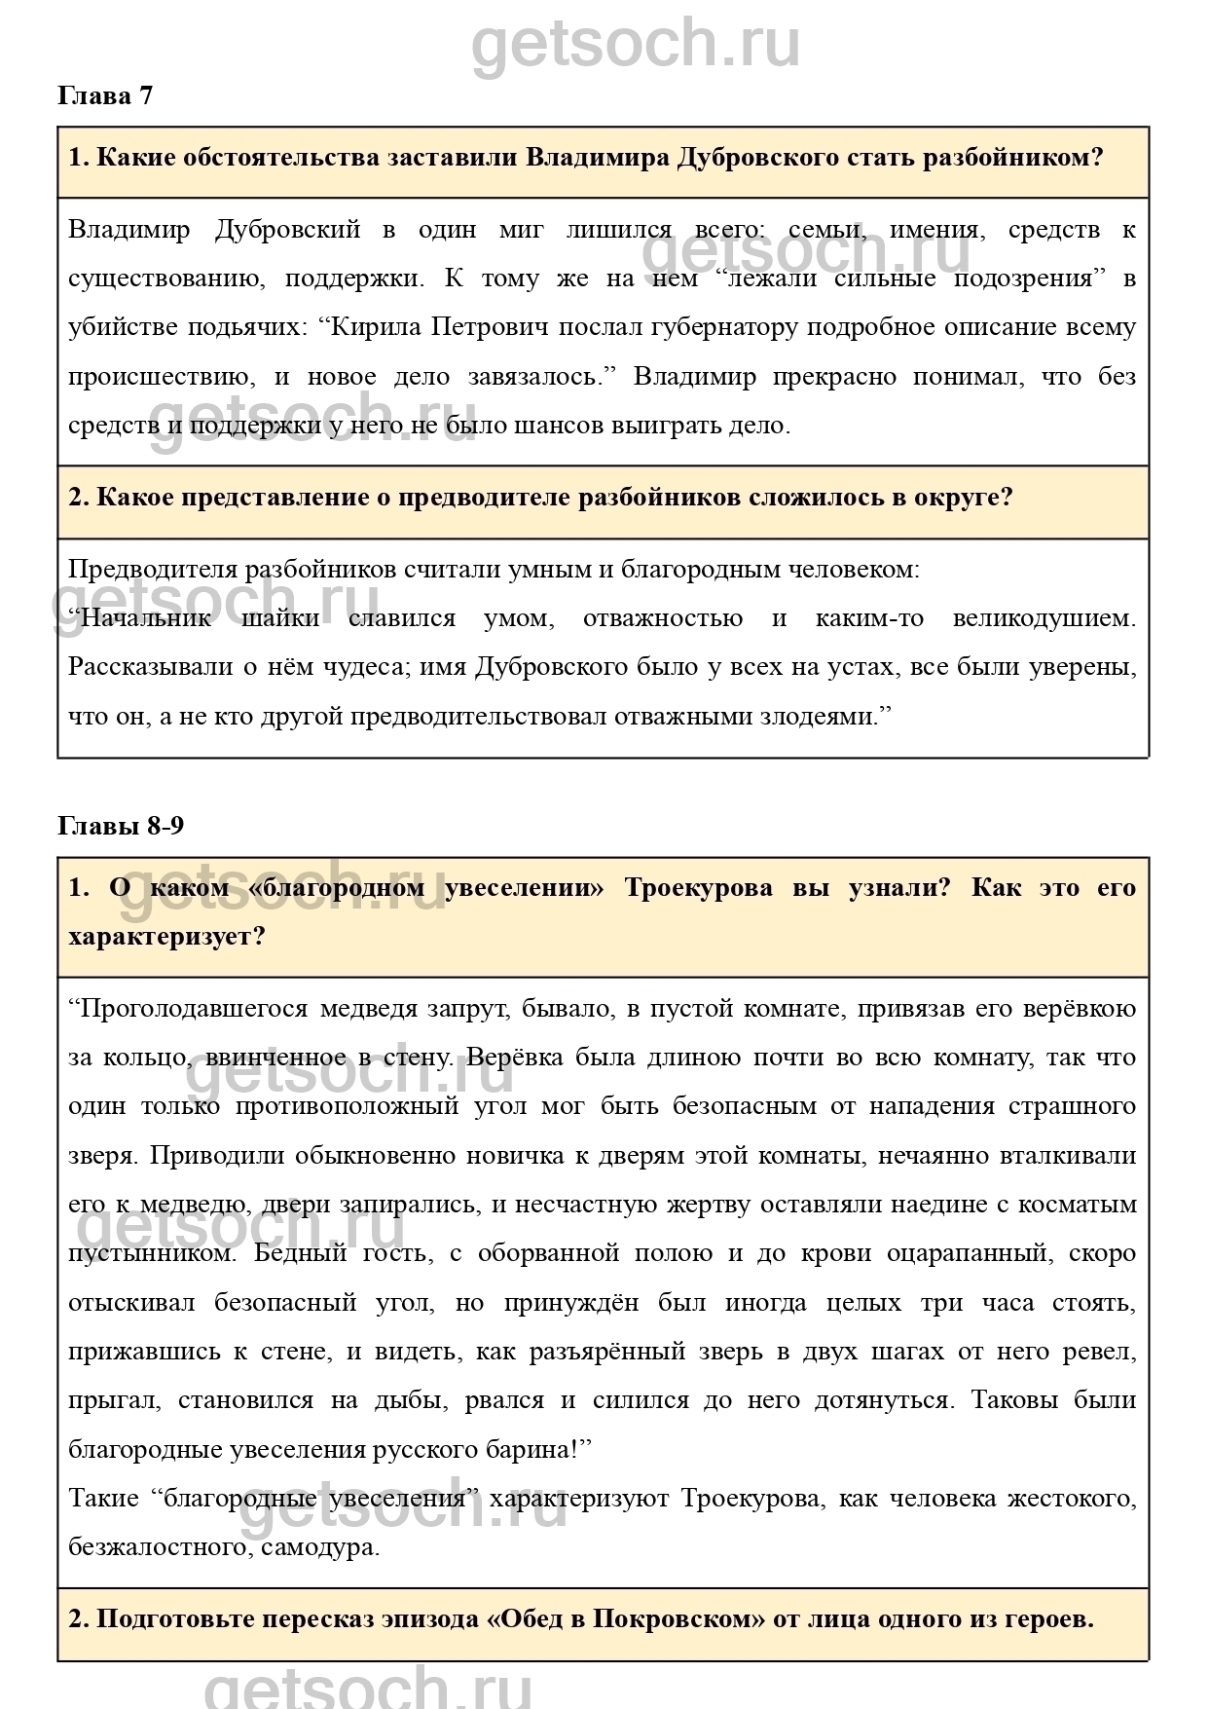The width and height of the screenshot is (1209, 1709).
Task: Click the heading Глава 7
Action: tap(105, 95)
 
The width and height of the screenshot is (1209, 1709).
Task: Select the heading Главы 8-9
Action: tap(121, 826)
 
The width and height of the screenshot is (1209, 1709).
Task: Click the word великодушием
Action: tap(1043, 618)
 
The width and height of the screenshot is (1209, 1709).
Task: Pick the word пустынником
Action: tap(152, 1253)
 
